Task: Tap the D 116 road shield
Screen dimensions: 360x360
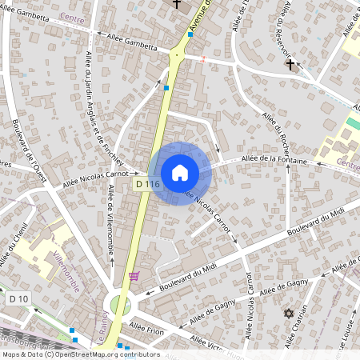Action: (147, 184)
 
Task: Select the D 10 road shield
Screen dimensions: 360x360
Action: (18, 298)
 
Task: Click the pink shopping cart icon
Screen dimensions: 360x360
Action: (134, 276)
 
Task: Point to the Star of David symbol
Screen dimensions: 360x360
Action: (289, 314)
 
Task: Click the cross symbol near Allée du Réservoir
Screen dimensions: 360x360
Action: (290, 63)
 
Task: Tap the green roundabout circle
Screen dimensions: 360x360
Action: (121, 305)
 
